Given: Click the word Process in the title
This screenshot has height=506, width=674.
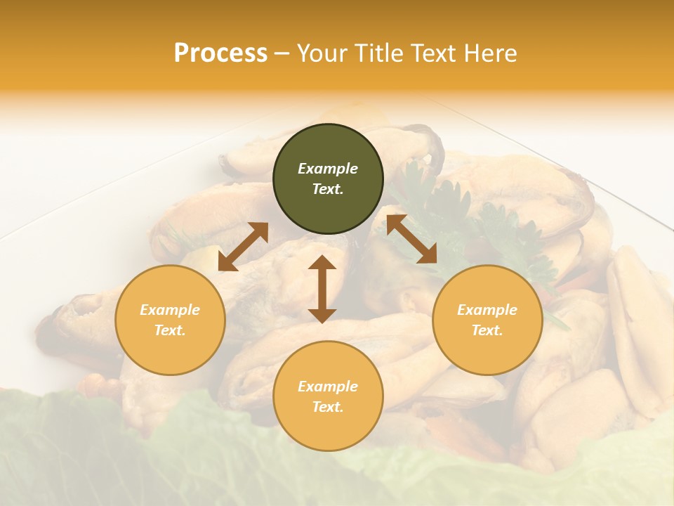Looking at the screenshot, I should click(220, 53).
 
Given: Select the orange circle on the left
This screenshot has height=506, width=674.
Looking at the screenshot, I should click(170, 320).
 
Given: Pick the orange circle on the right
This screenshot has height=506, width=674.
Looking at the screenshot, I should click(487, 320).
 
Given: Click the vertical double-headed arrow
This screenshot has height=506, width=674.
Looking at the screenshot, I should click(322, 289).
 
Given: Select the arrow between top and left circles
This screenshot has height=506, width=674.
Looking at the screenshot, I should click(243, 246).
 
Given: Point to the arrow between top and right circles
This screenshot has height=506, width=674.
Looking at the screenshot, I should click(412, 238).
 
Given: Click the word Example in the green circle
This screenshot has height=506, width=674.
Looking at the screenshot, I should click(328, 169).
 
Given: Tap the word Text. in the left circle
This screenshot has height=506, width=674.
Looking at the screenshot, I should click(170, 330).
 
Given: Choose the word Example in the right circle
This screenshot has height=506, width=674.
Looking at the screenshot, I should click(487, 310).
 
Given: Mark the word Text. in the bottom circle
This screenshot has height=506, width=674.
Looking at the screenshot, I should click(328, 407).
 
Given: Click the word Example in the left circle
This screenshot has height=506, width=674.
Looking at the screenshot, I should click(170, 310).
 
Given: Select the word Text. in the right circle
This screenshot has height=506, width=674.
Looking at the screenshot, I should click(487, 330).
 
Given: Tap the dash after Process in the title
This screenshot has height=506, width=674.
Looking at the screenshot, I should click(282, 53).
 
